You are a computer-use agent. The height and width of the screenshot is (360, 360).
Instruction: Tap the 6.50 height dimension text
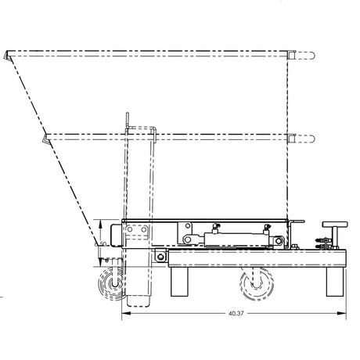(x=99, y=244)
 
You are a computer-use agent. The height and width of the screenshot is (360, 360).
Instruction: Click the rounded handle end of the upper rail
(x=311, y=56)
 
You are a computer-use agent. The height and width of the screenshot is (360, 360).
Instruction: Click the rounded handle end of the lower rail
(x=311, y=139)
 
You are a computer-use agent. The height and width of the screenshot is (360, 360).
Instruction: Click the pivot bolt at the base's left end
(x=160, y=257)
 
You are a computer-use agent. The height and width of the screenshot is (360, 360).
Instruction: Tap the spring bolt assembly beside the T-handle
(x=321, y=243)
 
